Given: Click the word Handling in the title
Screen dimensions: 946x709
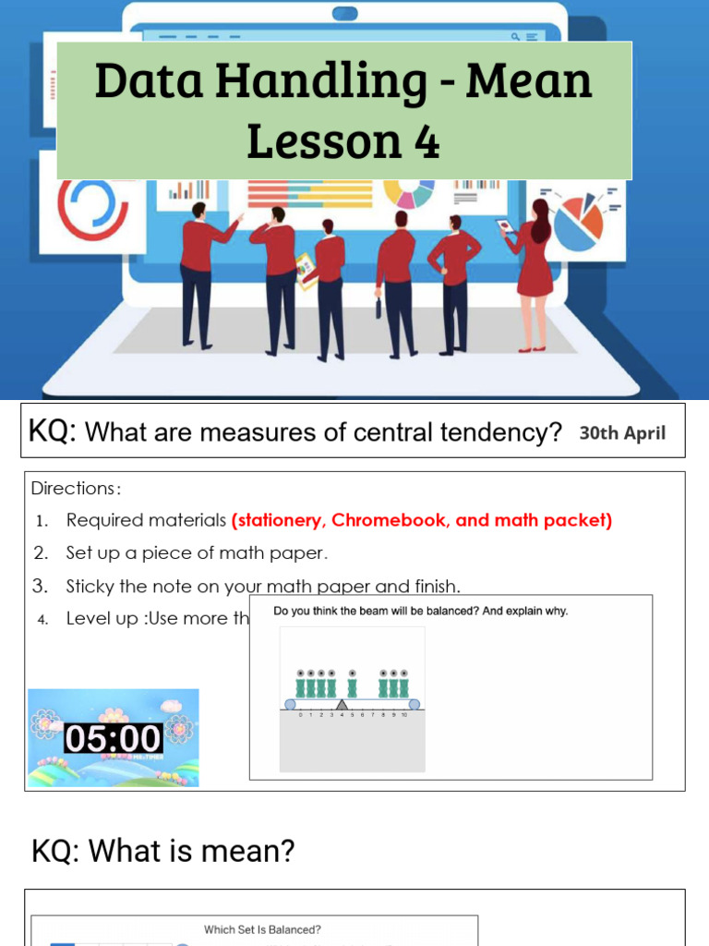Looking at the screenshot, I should pos(318,82).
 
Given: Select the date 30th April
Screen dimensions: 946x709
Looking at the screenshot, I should pos(622,433).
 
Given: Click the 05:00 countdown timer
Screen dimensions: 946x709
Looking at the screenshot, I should pos(113,737).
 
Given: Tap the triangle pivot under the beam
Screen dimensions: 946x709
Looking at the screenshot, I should pos(342,705).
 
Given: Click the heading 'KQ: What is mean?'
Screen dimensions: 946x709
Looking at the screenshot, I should pos(163,851).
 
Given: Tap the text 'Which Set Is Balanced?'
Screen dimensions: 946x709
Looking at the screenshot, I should pos(262,929).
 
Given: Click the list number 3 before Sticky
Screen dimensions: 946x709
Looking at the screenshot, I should pos(41,586).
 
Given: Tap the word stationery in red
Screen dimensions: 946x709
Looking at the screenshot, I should pos(279,520).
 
